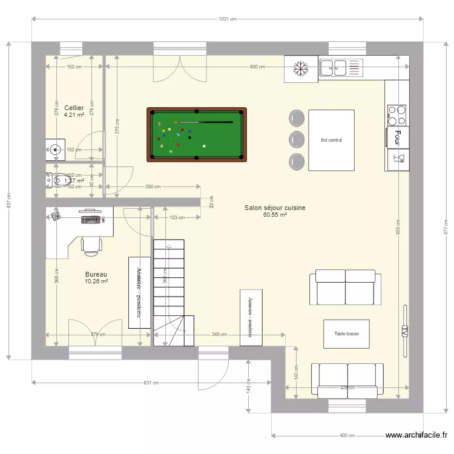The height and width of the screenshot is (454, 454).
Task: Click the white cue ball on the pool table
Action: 204,146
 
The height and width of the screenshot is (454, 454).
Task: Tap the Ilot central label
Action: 331,140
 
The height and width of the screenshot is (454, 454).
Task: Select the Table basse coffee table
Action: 346,334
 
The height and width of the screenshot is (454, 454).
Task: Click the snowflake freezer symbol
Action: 300,68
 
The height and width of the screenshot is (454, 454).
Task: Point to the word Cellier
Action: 74,108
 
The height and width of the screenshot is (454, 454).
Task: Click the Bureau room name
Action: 96,274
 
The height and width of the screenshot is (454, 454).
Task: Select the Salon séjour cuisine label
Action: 275,208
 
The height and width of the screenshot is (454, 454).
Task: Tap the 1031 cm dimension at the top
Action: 227,19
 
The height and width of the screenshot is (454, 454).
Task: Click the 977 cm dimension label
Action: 446,228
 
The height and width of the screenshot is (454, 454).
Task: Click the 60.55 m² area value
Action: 275,215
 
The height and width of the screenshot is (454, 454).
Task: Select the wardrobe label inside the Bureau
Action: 139,292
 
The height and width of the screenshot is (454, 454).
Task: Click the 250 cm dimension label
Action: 153,187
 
